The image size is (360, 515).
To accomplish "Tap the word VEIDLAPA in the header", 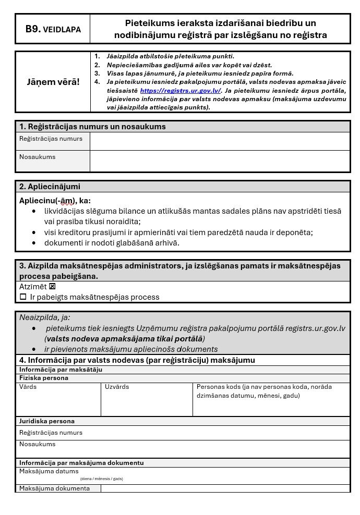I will pos(62,30).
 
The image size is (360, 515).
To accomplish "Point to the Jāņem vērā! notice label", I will pos(53,82).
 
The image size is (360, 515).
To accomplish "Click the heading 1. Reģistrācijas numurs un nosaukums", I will pos(92,127).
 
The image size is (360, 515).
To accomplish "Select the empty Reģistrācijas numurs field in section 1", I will pos(219,141).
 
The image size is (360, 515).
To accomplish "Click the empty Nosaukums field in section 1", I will pos(219,161).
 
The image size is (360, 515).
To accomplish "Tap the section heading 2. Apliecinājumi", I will pos(50,187).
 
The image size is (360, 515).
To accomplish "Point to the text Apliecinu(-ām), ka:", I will pos(55,201).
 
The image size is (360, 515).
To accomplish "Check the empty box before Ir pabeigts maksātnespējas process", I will pos(23,297).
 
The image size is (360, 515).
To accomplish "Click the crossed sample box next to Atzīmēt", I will pos(52,287).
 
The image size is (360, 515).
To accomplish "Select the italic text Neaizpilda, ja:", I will pos(44,317).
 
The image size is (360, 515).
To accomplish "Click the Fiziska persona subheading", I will pos(44,378).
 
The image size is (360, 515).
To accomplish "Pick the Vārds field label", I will pos(28,387).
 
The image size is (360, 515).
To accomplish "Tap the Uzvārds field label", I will pos(117,387).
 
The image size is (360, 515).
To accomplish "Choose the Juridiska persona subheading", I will pos(47,421).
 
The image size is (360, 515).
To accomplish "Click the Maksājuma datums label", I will pos(49,471).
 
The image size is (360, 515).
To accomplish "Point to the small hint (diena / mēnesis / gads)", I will pos(101,479).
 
